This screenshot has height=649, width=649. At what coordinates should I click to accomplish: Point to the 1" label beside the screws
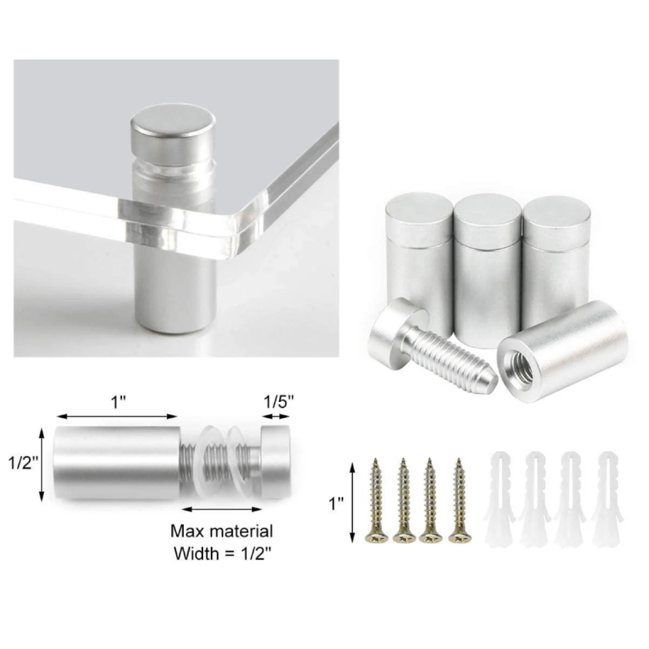pos(336,504)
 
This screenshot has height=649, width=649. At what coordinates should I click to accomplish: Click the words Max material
pos(222,531)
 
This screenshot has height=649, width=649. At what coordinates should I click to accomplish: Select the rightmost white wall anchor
pos(607,499)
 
